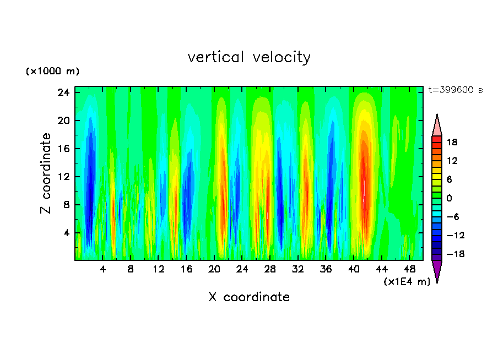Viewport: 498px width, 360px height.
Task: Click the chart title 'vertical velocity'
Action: click(249, 57)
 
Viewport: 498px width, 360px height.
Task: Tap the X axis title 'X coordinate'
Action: click(249, 297)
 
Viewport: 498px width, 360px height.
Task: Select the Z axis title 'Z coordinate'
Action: click(46, 173)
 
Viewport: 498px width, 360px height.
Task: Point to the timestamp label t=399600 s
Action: click(455, 90)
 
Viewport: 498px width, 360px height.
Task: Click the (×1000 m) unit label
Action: click(53, 72)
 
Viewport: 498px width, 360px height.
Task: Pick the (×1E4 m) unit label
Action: click(407, 282)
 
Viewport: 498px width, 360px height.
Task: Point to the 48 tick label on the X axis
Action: click(409, 269)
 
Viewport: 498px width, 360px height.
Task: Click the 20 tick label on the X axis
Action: click(214, 269)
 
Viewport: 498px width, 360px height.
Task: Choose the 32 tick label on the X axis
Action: click(297, 269)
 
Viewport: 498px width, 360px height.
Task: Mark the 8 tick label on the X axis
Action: click(130, 269)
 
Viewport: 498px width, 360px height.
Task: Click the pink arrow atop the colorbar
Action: click(437, 126)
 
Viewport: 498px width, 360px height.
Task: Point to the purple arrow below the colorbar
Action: click(437, 271)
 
